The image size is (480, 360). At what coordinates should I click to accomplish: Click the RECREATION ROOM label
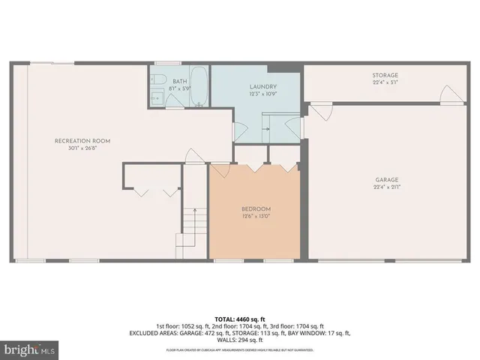coord(82,141)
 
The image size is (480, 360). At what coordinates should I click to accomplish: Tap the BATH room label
coord(179,81)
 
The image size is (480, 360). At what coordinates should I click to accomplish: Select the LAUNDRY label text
coord(264,86)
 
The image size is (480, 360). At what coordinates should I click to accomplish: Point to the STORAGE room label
coord(385,75)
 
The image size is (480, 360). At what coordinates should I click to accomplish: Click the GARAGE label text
coord(387,179)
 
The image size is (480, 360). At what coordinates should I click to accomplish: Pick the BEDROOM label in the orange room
coord(256,208)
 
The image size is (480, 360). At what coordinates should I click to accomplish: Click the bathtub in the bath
coord(199,87)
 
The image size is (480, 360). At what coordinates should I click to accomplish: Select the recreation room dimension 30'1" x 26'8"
coord(82,148)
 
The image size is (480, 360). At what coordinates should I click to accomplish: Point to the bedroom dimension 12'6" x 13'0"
coord(256,216)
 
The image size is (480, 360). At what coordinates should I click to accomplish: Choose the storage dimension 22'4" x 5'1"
coord(385,82)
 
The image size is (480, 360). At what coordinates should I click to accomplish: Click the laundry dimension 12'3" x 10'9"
coord(264,94)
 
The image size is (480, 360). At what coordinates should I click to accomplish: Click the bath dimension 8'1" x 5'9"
coord(179,88)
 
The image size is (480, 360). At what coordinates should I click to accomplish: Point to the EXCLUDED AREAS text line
coord(239,332)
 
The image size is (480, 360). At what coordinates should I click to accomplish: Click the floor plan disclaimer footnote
coord(239,349)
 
